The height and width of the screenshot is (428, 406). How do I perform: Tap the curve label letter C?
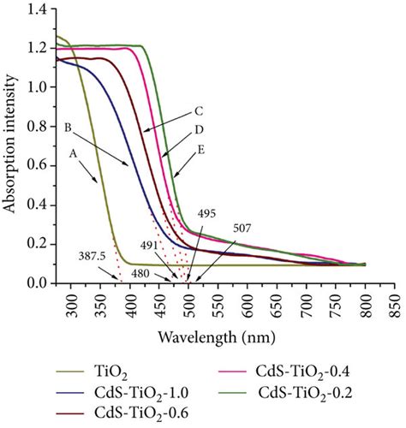coord(198,110)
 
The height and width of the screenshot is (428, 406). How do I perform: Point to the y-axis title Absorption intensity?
coord(10,147)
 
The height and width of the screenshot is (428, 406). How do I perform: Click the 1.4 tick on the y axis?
coord(36,9)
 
